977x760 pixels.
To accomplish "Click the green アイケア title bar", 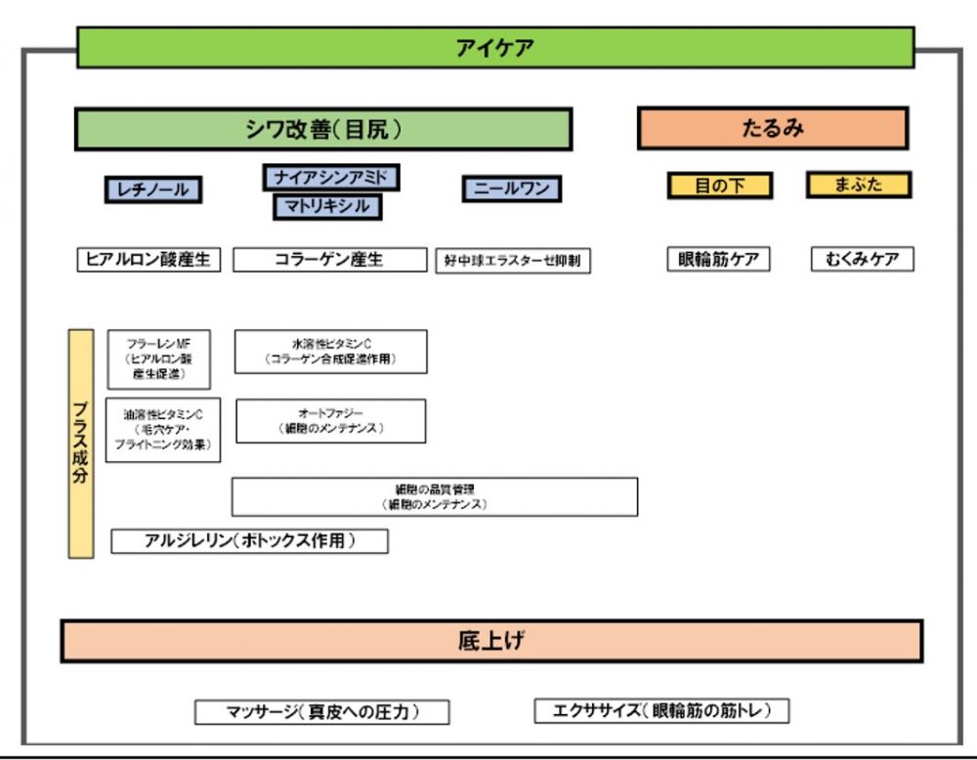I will coord(495,47).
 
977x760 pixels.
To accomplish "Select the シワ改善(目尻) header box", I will coord(323,129).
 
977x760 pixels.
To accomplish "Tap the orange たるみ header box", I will coord(772,128).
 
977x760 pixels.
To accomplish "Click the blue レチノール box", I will coord(153,190).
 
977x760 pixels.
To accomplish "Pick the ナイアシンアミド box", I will coord(331,177).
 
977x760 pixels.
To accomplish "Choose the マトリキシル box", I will coord(327,206).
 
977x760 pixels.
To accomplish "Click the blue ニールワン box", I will coord(512,190).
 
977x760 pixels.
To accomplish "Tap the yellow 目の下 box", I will coord(720,186).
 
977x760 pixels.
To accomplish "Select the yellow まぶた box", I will coord(859,185).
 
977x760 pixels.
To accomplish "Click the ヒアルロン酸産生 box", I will coord(149,260).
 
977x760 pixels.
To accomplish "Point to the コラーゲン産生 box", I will coord(329,260).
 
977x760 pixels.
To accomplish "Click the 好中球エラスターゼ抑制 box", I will coord(513,261).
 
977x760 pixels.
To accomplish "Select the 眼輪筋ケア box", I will coord(718,260).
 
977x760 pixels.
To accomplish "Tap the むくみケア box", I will coord(863,260).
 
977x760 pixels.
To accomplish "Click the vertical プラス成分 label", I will coord(81,443).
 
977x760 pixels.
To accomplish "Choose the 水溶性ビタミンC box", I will coord(331,352).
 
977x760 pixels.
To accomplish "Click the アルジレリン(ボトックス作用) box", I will coord(250,541).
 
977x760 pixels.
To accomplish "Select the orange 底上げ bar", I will coord(491,641).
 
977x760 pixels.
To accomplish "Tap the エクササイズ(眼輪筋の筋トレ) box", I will coord(661,711).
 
